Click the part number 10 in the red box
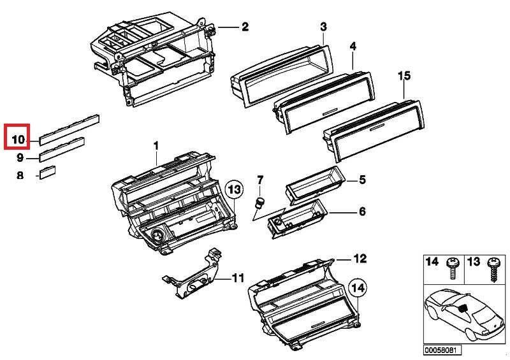pyautogui.click(x=18, y=140)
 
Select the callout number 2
pyautogui.click(x=245, y=27)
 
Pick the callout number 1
pyautogui.click(x=156, y=146)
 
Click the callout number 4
pyautogui.click(x=353, y=47)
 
